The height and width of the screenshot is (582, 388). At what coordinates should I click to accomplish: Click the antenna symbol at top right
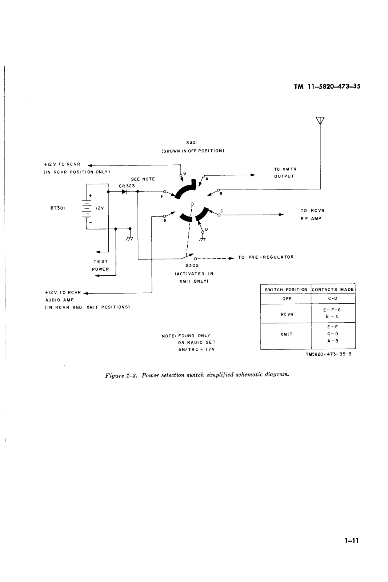(x=320, y=120)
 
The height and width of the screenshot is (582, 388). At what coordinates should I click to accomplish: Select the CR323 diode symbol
(x=124, y=191)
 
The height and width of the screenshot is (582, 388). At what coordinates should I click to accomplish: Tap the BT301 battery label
(x=58, y=208)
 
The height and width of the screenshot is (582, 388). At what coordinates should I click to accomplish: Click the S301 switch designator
(x=192, y=142)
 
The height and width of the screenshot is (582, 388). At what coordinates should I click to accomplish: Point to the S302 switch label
(x=192, y=265)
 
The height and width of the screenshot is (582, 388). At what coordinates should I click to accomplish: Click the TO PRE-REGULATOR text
(x=266, y=257)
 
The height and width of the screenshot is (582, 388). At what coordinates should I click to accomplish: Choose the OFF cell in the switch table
(x=287, y=299)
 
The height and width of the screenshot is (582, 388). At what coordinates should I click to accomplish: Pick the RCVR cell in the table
(x=287, y=314)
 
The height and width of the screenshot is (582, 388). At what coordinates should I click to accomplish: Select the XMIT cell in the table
(x=287, y=334)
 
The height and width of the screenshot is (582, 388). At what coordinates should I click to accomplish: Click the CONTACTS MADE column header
(x=333, y=290)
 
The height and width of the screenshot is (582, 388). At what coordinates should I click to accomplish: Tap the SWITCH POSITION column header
(x=286, y=290)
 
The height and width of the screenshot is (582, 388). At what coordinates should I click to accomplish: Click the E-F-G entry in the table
(x=332, y=310)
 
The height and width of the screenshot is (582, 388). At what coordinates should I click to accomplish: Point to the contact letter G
(x=185, y=173)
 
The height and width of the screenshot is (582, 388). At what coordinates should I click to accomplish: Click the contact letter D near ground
(x=207, y=229)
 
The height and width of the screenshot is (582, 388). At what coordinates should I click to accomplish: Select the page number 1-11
(x=352, y=541)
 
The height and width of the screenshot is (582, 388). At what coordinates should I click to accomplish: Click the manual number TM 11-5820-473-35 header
(x=327, y=87)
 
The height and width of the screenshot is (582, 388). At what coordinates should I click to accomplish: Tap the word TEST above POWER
(x=101, y=262)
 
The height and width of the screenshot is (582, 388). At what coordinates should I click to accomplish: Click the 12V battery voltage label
(x=100, y=208)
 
